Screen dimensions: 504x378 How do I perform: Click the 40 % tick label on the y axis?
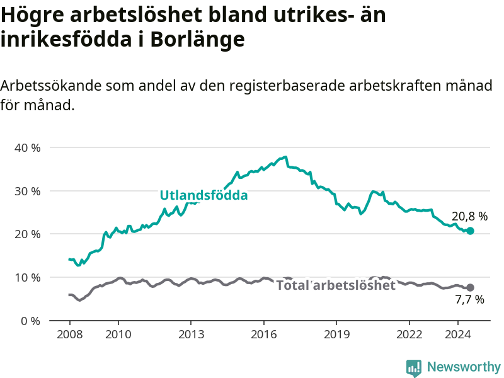(x=28, y=148)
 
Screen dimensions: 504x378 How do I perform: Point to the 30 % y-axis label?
(x=28, y=192)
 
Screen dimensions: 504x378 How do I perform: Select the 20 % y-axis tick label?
(x=28, y=234)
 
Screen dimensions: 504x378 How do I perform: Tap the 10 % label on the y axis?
(x=28, y=277)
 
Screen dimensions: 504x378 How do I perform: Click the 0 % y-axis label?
(x=30, y=321)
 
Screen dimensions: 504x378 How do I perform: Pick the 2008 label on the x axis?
(x=70, y=335)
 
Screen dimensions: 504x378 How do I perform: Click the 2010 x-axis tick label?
(x=118, y=335)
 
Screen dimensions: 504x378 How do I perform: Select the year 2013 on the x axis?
(x=192, y=335)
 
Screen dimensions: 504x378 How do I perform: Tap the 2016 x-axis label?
(x=264, y=335)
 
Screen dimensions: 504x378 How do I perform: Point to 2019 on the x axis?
(x=336, y=335)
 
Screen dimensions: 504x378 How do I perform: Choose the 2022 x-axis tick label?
(x=409, y=335)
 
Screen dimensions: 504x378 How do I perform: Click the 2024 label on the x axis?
(x=458, y=335)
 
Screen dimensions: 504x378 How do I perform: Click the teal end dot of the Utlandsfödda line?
(x=470, y=231)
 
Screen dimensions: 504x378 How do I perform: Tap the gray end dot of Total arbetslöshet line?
(x=470, y=287)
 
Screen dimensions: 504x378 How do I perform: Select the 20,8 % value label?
(x=469, y=216)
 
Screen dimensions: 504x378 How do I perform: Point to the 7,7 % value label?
(x=469, y=300)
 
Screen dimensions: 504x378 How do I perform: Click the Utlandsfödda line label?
(x=203, y=195)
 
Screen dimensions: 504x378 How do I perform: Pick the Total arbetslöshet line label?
(x=336, y=285)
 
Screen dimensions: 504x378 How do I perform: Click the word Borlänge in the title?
(x=197, y=39)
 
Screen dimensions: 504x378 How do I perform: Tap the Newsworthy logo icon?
(x=414, y=368)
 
